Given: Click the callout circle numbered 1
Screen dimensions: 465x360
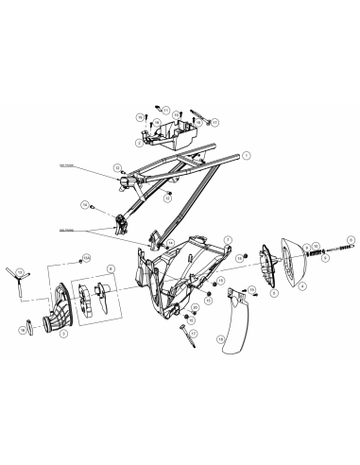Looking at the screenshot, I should (x=246, y=153).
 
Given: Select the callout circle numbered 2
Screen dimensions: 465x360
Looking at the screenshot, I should (x=139, y=144).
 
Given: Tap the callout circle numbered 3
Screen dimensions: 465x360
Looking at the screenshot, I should (x=64, y=333).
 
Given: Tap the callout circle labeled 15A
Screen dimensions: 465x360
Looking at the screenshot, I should (x=86, y=256).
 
